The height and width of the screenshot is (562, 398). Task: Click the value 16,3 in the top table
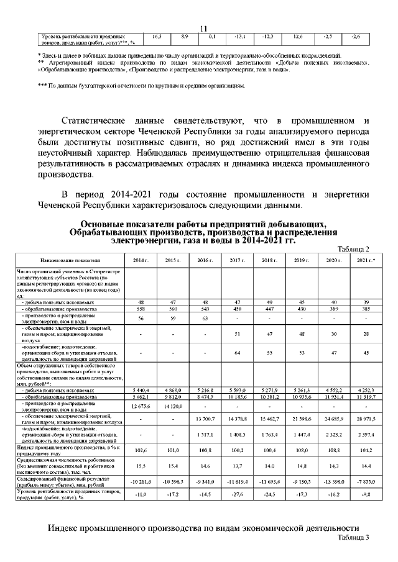coord(157,37)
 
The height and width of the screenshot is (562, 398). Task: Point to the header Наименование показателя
coord(70,260)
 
